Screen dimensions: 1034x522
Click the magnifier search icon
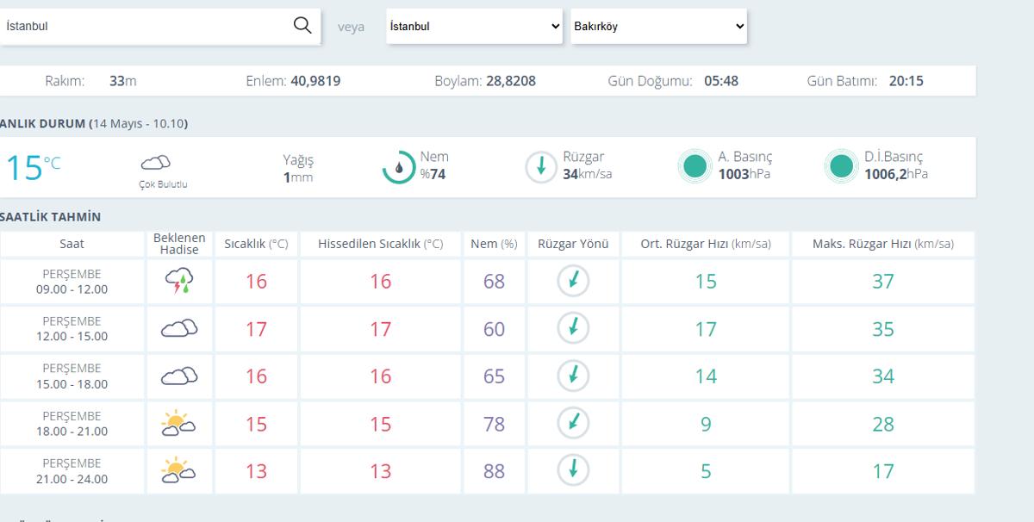[302, 25]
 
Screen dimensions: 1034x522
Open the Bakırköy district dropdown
[658, 27]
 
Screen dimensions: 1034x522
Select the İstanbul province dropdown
[474, 27]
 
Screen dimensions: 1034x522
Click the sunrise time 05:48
[721, 81]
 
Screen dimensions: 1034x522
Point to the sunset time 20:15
[906, 81]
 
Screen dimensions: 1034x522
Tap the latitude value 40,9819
[315, 81]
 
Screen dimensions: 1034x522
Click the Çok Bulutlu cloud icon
[156, 163]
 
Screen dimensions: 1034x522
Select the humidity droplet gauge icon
[399, 167]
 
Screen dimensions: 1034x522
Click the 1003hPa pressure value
[744, 174]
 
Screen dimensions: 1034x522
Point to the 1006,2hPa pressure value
[896, 174]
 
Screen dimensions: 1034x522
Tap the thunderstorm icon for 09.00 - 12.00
[179, 281]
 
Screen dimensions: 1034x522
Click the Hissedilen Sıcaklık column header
[380, 244]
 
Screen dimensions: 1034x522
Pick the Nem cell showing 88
[494, 471]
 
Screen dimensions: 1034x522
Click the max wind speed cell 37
[883, 281]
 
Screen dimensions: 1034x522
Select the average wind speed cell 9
[706, 424]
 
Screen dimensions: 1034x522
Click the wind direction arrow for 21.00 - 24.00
[573, 469]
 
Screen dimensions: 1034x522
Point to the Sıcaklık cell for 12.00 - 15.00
[256, 329]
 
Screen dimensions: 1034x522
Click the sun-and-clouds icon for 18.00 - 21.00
[178, 423]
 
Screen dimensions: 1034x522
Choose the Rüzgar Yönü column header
[573, 244]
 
